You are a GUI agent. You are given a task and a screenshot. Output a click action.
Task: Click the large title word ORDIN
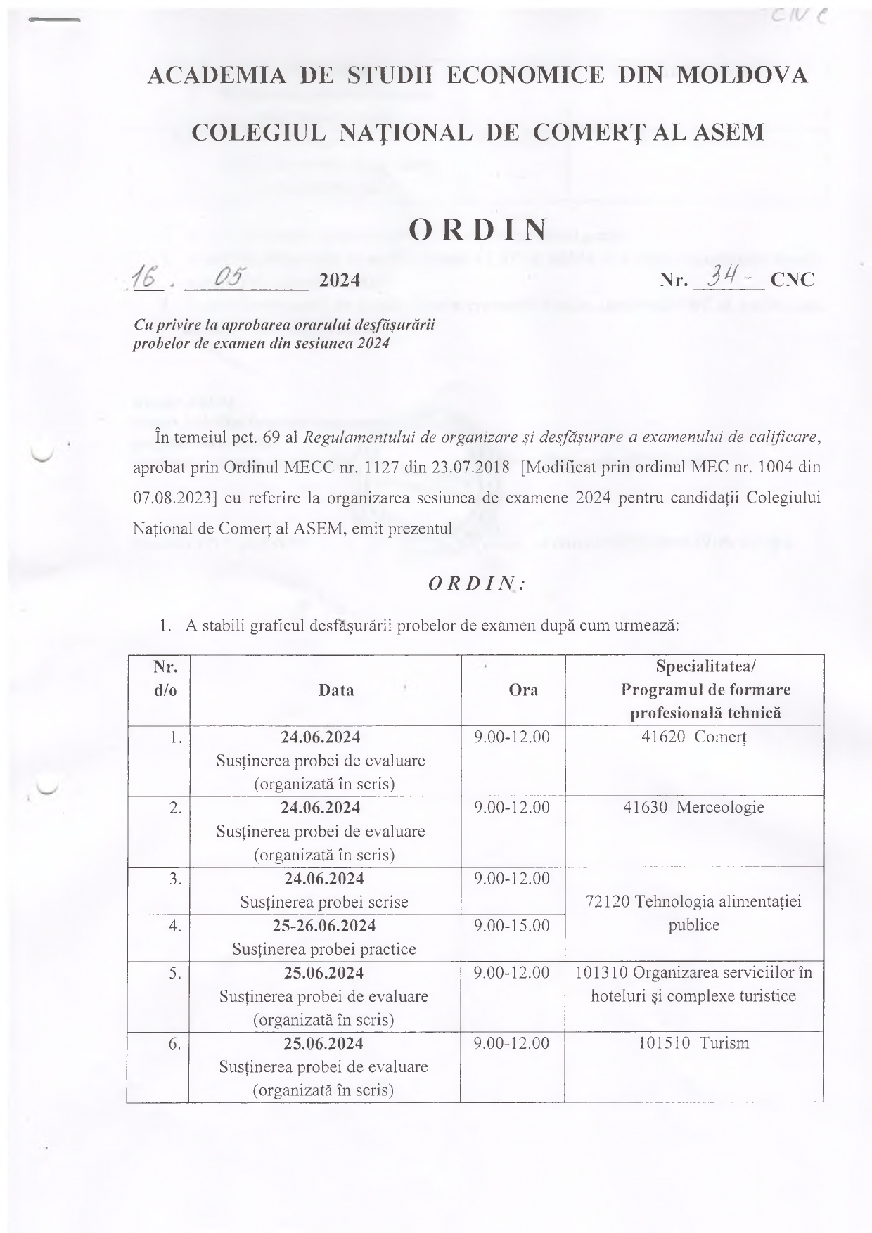(477, 229)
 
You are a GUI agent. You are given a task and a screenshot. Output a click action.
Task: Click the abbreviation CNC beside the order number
(793, 280)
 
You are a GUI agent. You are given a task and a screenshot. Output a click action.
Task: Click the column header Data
(335, 690)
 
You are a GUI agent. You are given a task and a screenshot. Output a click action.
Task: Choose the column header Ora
(523, 690)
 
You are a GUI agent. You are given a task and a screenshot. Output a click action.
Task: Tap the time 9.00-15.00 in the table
(512, 926)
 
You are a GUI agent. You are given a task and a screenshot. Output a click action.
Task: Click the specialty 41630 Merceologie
(693, 807)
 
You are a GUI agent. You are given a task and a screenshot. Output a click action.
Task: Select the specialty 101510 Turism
(693, 1043)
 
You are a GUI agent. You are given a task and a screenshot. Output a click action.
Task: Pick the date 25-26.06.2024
(323, 926)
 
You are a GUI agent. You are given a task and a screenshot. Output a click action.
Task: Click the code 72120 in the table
(608, 902)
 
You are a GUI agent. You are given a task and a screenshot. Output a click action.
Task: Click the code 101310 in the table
(602, 973)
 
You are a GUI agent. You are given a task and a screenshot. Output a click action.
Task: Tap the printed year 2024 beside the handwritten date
(340, 280)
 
